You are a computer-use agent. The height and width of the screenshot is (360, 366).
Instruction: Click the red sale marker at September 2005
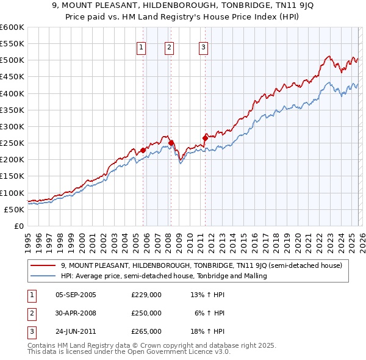pyautogui.click(x=143, y=150)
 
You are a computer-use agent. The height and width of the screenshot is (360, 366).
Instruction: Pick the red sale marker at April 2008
pyautogui.click(x=171, y=143)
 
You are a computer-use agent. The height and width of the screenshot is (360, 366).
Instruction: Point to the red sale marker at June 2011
pyautogui.click(x=205, y=138)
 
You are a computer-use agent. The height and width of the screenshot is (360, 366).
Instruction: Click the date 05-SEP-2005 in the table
pyautogui.click(x=76, y=295)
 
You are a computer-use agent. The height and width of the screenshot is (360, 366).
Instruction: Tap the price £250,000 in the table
pyautogui.click(x=146, y=313)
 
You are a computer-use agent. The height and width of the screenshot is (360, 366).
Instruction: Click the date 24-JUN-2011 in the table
pyautogui.click(x=76, y=331)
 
